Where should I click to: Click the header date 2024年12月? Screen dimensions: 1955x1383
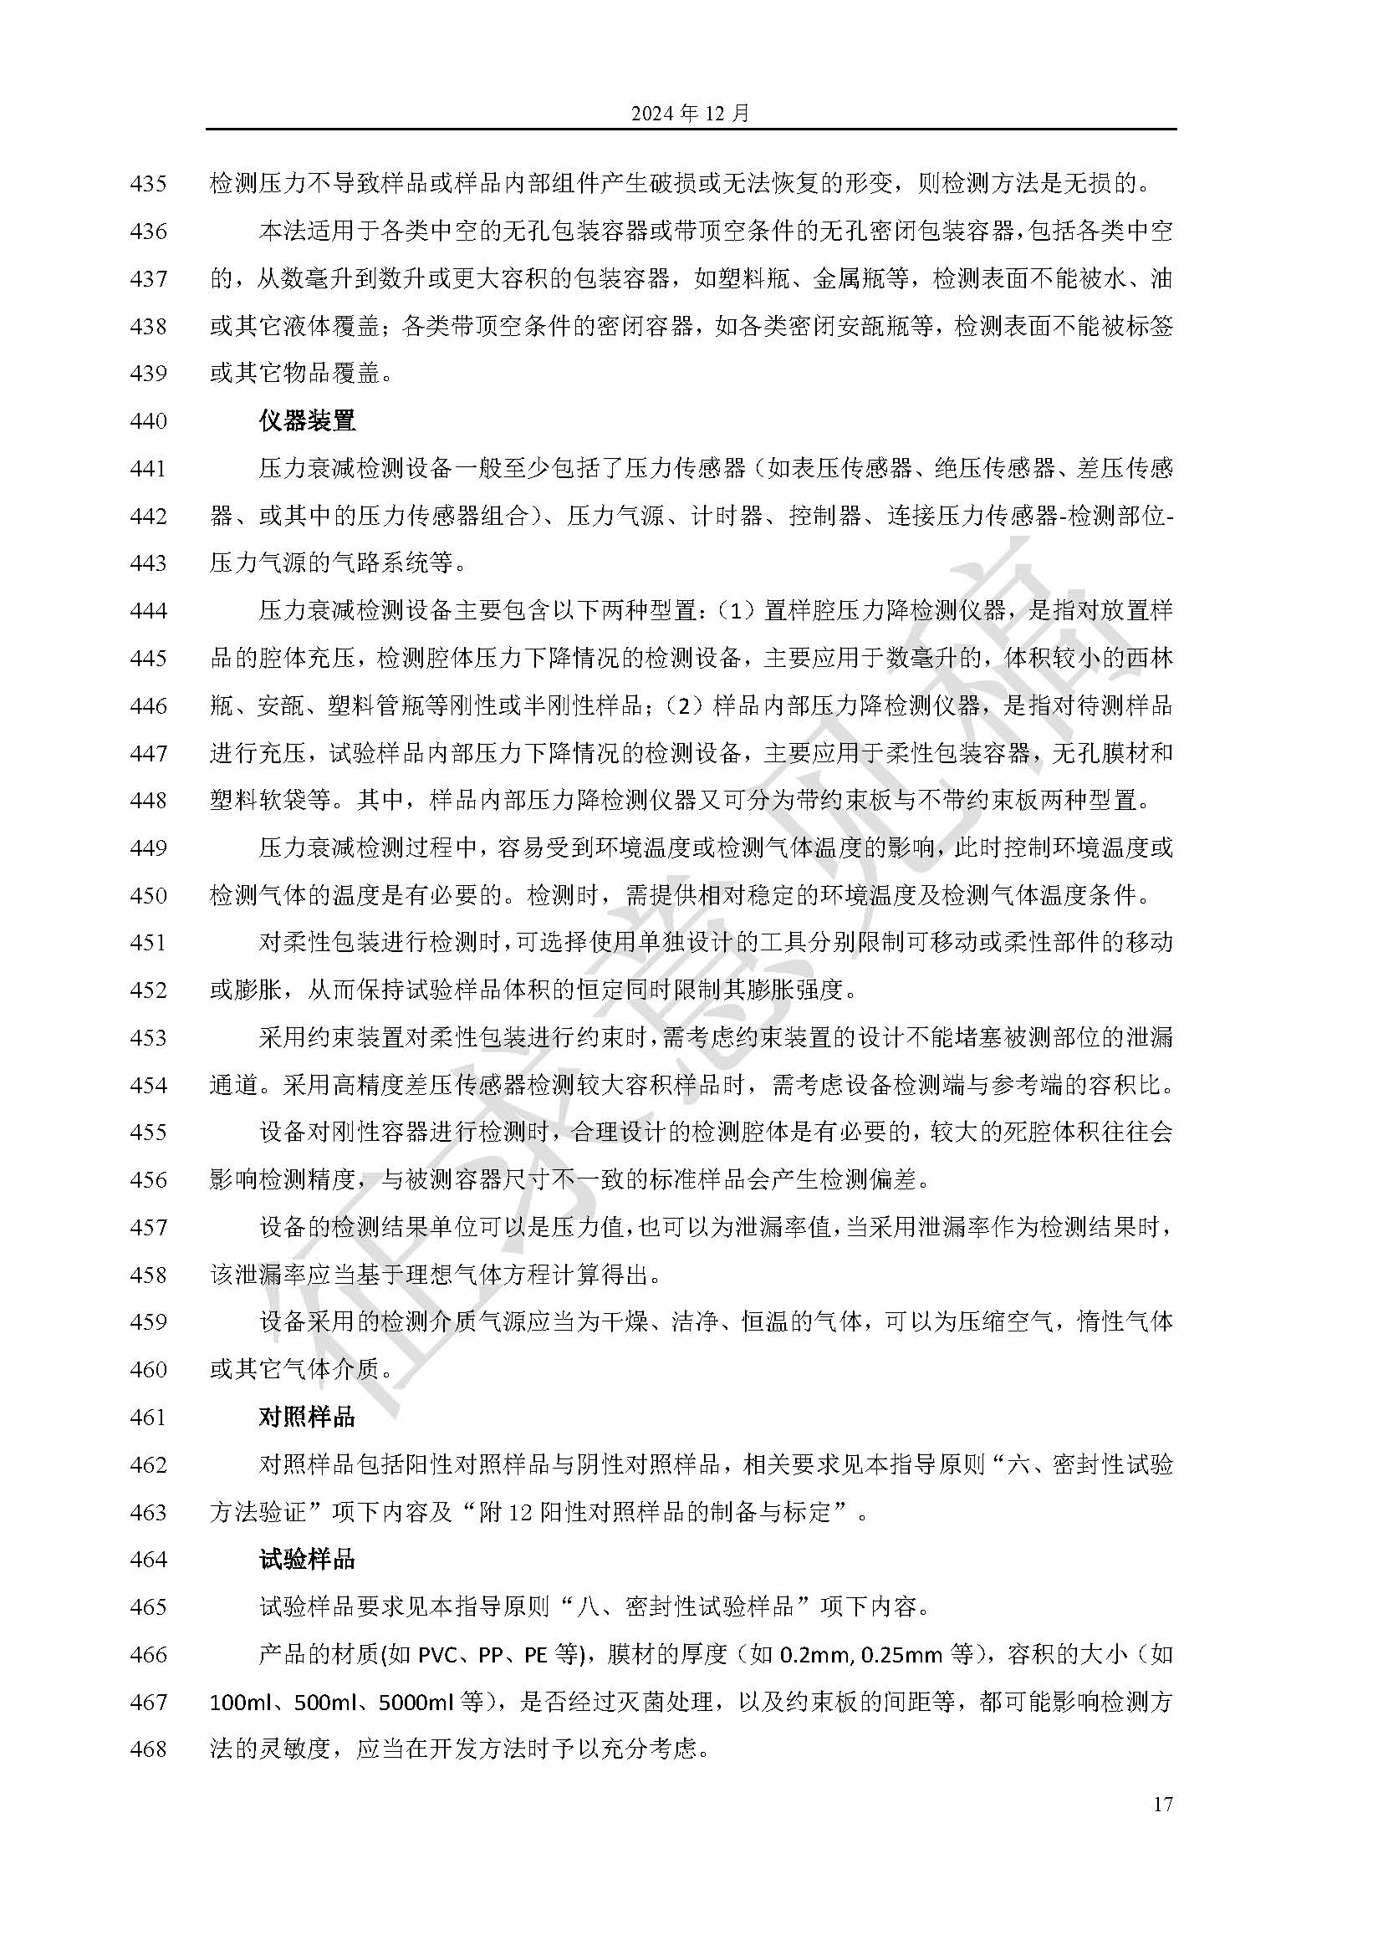pyautogui.click(x=690, y=112)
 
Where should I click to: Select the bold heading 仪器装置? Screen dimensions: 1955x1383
pyautogui.click(x=308, y=420)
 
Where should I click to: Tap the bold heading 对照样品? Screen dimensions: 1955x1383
pyautogui.click(x=308, y=1417)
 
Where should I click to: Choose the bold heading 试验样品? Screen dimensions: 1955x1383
pyautogui.click(x=308, y=1559)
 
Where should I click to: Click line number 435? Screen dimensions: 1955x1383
pyautogui.click(x=149, y=183)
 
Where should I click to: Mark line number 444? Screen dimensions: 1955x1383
pyautogui.click(x=149, y=610)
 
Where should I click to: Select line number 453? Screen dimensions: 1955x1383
pyautogui.click(x=149, y=1037)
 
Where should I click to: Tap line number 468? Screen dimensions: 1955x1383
pyautogui.click(x=149, y=1749)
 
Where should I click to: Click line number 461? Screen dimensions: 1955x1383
pyautogui.click(x=149, y=1417)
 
